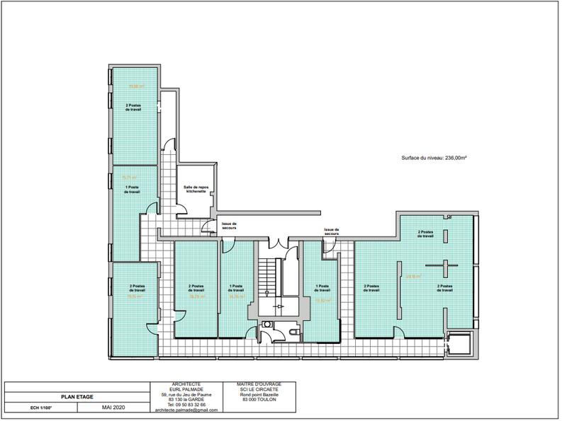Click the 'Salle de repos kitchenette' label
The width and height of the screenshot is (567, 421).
(x=195, y=189)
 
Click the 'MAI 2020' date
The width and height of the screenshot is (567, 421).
(x=113, y=408)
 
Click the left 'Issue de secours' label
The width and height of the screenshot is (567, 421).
(x=228, y=226)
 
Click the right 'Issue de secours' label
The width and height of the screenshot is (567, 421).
(x=332, y=231)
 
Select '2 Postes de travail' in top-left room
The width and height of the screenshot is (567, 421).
(x=133, y=108)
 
